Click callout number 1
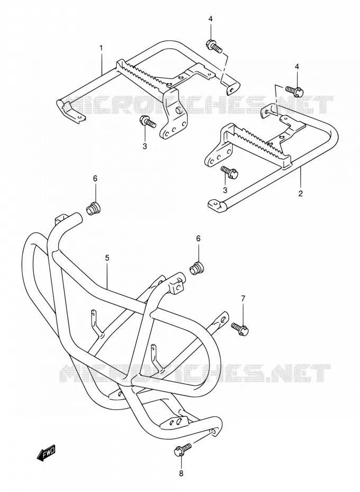101,48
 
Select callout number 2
300,193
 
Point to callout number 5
107,258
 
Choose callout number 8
181,473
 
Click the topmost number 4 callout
210,19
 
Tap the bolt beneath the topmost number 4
214,46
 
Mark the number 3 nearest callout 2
225,189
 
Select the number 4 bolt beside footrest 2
294,90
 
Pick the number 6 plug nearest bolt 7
197,268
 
